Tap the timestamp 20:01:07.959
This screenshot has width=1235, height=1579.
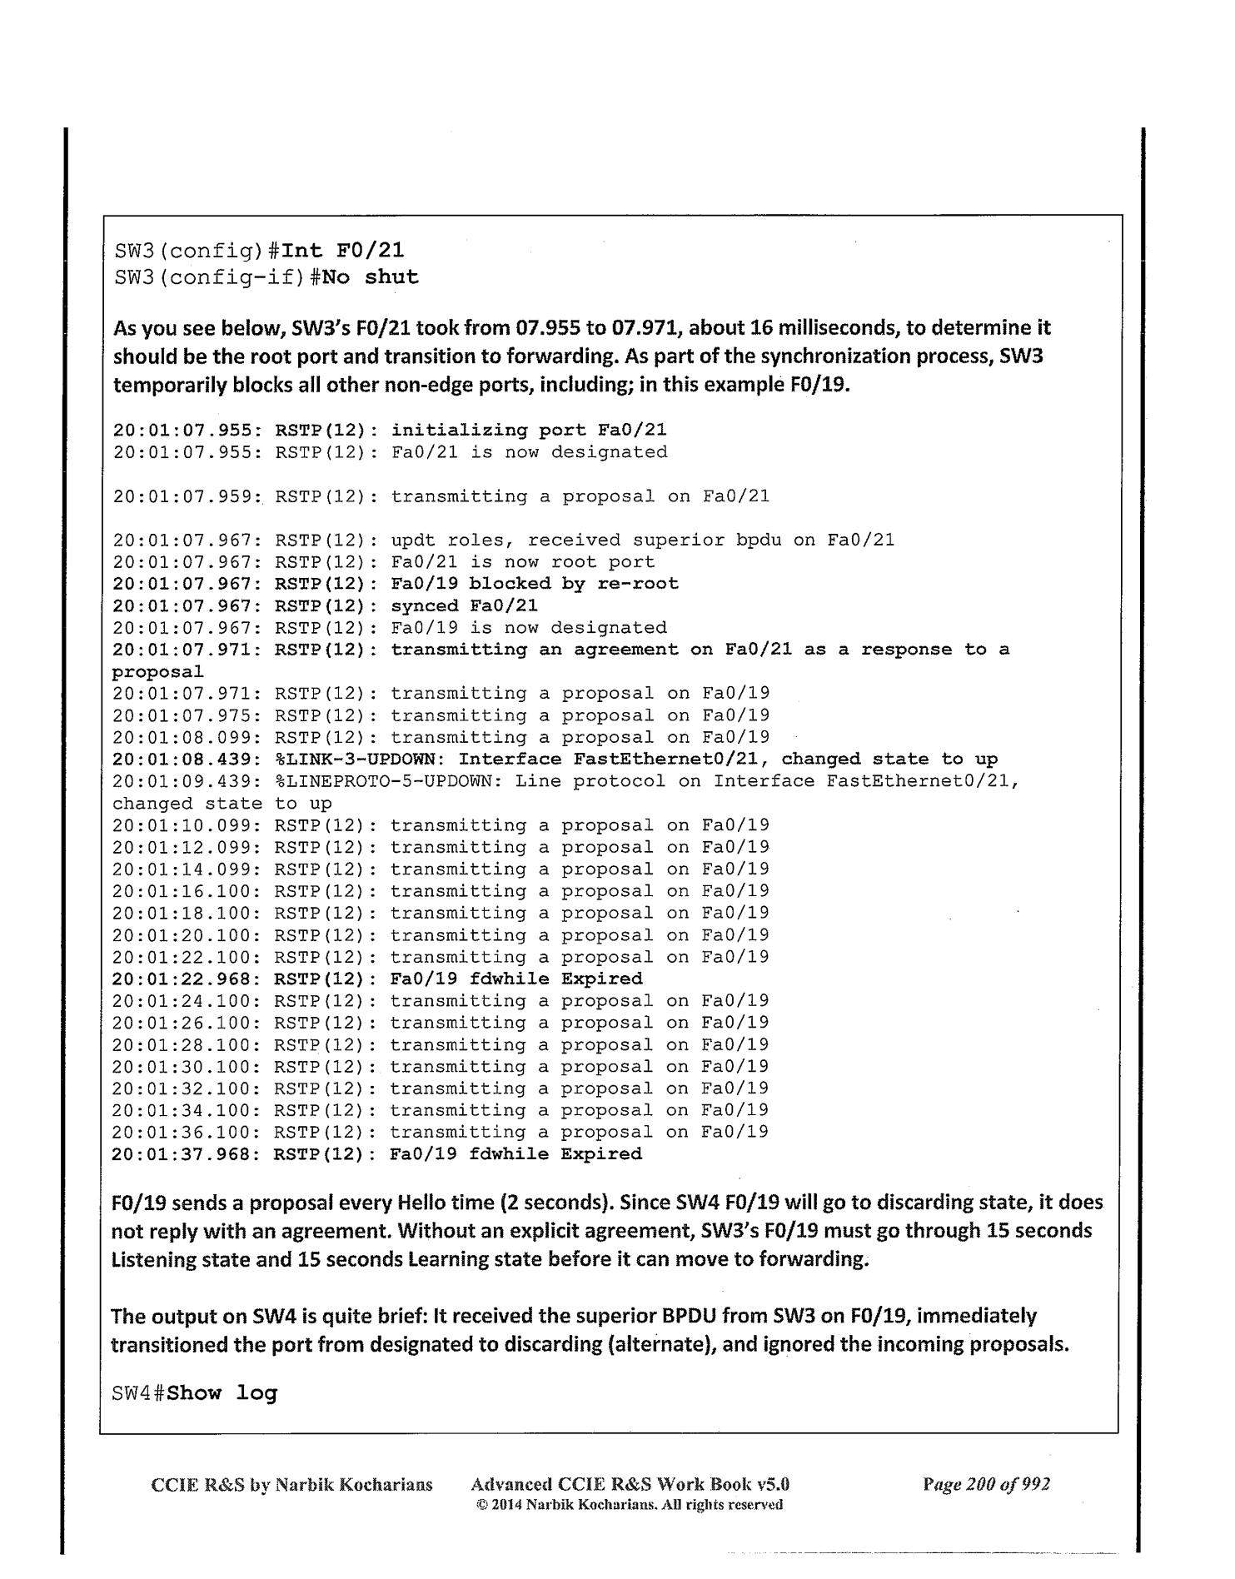coord(188,497)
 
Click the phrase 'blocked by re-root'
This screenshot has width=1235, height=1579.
coord(574,584)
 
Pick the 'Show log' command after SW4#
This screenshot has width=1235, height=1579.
coord(222,1393)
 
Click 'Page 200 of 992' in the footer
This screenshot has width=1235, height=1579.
coord(986,1484)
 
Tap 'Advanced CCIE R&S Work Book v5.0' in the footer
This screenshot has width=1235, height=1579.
coord(630,1484)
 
